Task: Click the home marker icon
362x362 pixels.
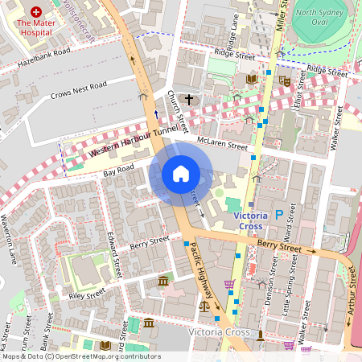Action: point(181,174)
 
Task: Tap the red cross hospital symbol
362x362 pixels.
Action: point(35,13)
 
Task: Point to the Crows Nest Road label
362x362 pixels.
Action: point(78,90)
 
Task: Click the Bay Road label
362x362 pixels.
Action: point(117,171)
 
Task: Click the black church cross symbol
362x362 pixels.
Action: point(189,100)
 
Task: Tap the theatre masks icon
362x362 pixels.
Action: point(284,80)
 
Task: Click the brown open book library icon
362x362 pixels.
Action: point(251,79)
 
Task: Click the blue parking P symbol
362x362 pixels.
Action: point(278,215)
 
